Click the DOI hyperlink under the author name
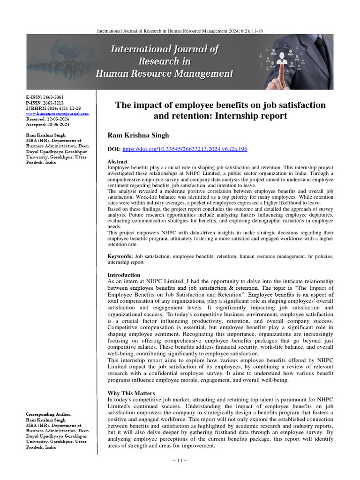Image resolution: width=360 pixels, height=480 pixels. (x=185, y=149)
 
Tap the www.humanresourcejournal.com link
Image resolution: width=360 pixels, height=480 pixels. (x=57, y=113)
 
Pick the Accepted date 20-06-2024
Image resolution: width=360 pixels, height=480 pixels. (x=59, y=125)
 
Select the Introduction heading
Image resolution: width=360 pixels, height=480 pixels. (x=124, y=275)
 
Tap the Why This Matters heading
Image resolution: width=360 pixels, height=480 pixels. (x=131, y=393)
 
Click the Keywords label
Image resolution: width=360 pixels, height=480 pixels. (x=120, y=257)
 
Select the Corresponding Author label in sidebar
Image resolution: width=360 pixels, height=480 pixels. (x=49, y=415)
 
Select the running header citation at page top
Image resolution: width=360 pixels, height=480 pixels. (x=180, y=30)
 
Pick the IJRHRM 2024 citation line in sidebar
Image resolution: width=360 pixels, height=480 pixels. (x=53, y=108)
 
